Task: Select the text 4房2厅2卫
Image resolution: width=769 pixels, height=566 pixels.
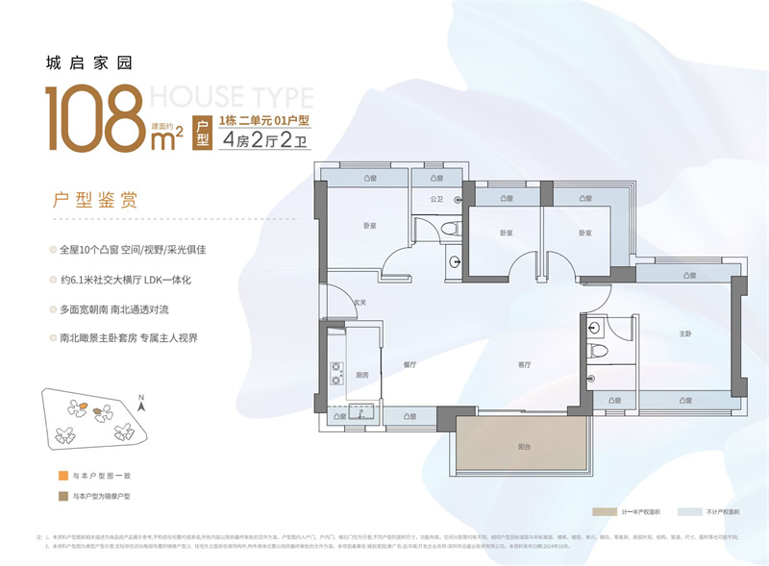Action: tap(268, 139)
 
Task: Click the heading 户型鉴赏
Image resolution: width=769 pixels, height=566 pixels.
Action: tap(94, 201)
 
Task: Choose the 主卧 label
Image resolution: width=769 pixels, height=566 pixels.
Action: tap(685, 334)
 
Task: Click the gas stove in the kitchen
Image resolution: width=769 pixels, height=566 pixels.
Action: tap(336, 372)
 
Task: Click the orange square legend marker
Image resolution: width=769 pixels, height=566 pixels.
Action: tap(62, 476)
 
